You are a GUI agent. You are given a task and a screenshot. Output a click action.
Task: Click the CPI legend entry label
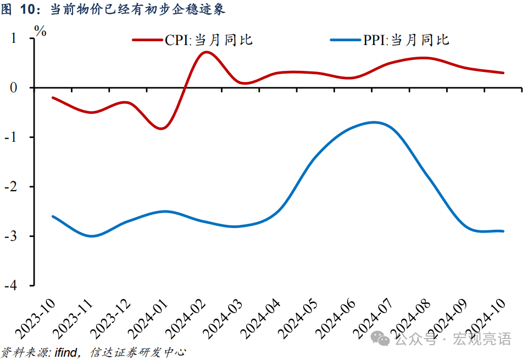[209, 40]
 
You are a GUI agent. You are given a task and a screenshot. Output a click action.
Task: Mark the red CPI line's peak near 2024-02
[205, 52]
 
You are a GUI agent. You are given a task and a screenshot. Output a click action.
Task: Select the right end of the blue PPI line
[503, 231]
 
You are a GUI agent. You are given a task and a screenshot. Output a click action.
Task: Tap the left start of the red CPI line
[53, 97]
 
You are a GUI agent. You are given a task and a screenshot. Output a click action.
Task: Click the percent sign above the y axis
[41, 31]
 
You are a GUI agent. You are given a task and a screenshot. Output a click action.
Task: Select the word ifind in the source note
[67, 351]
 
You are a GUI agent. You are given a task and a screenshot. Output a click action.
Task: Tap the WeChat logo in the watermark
[382, 339]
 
